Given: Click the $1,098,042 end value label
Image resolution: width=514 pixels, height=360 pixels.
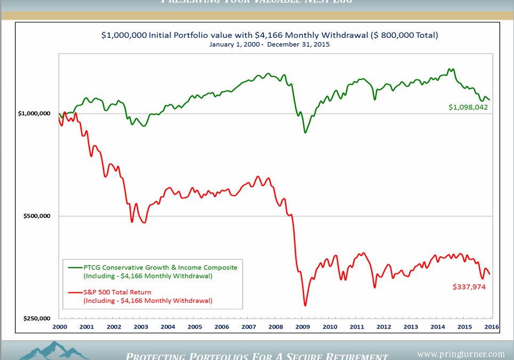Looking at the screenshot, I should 468,107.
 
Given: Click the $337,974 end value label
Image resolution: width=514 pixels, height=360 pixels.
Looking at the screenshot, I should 469,286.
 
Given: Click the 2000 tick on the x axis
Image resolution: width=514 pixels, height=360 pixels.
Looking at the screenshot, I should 60,326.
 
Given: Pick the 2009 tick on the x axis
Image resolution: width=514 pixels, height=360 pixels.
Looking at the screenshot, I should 302,326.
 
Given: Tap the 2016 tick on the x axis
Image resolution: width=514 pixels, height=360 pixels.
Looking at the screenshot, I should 491,326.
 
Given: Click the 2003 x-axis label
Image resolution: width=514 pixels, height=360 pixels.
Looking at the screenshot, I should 140,326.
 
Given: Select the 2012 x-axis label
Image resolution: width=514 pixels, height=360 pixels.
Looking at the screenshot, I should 383,326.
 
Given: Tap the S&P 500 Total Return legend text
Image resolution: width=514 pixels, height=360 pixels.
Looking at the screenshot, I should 117,292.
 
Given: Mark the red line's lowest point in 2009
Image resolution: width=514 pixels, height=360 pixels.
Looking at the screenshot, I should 305,306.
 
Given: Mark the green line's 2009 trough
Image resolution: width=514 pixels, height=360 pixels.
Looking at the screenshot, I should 306,132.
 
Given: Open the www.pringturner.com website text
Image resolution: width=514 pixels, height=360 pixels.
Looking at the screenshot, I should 460,354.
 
